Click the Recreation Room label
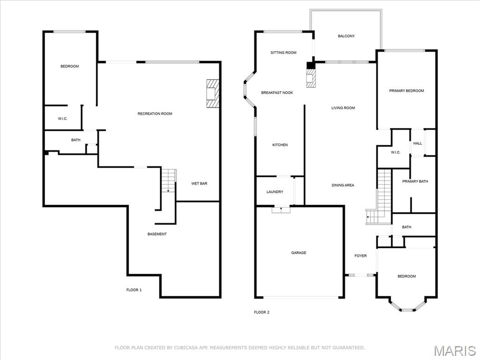point(155,114)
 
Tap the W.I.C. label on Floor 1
point(63,119)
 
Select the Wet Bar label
point(199,184)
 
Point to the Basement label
point(157,234)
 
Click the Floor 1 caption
point(134,290)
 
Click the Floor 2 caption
point(262,312)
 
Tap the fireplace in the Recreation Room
point(212,93)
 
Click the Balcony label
point(346,36)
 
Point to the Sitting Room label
point(284,53)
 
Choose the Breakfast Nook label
point(277,93)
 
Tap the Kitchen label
point(280,145)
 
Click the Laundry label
point(275,192)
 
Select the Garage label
point(299,253)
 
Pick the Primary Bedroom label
point(406,91)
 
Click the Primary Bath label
point(415,181)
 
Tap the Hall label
point(417,144)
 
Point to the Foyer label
point(360,256)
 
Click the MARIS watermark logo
point(454,351)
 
